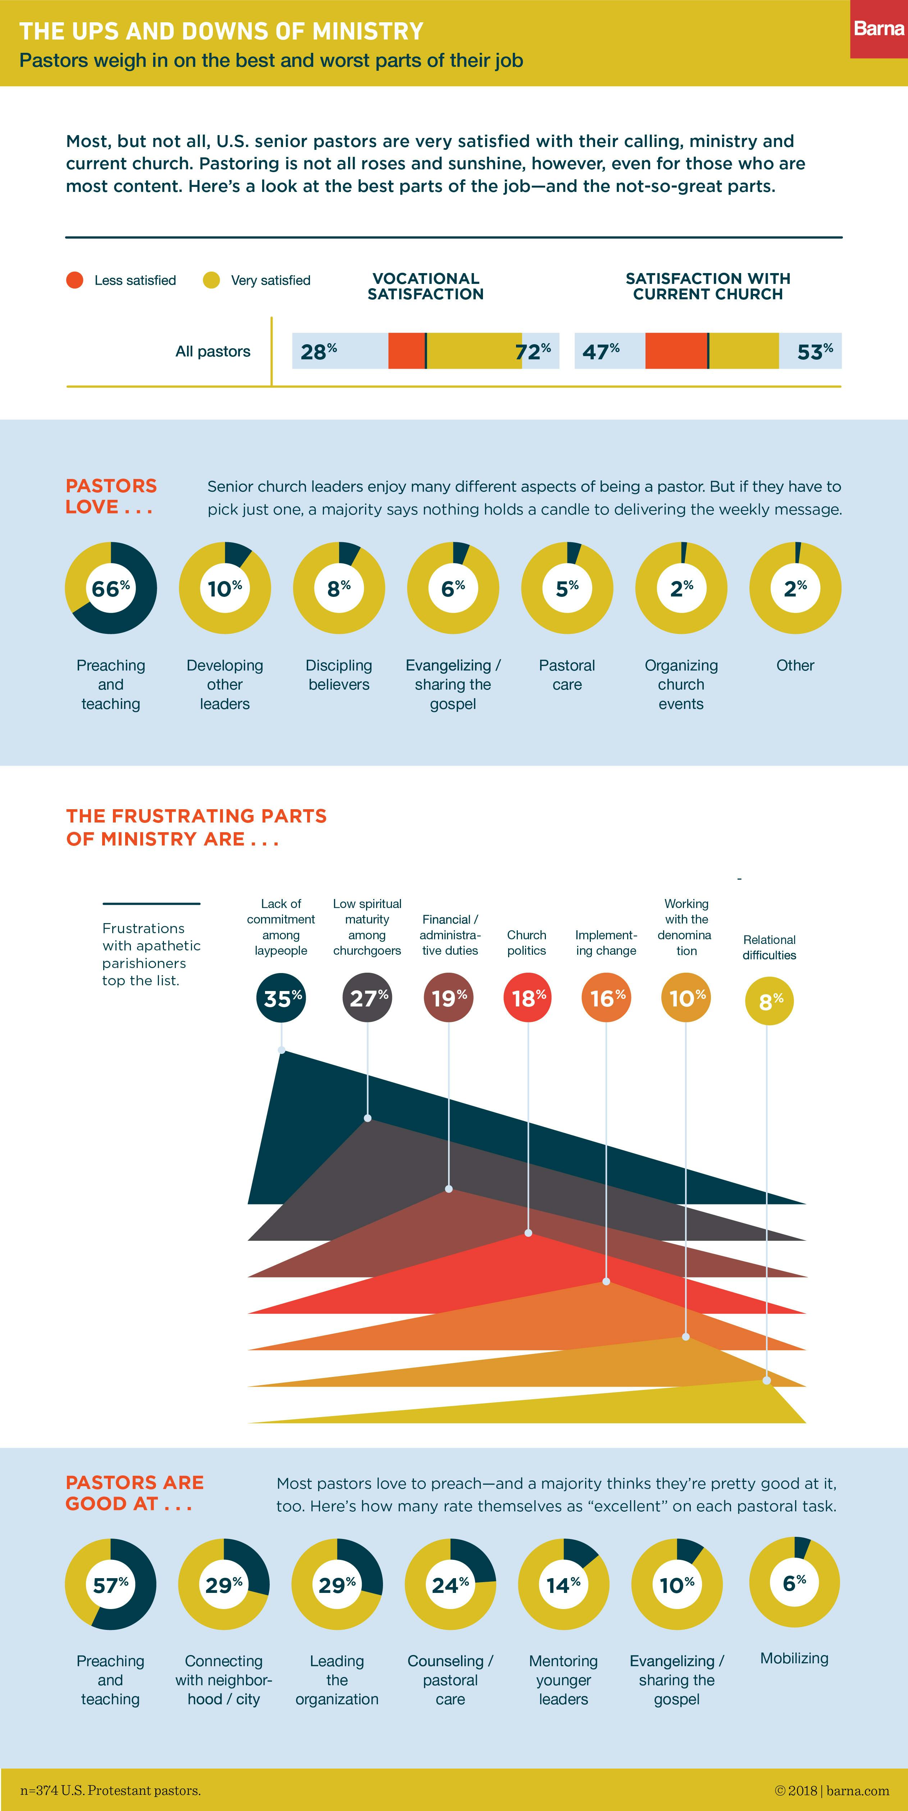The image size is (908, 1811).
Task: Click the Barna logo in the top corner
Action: pos(879,29)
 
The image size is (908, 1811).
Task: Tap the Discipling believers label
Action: pos(339,675)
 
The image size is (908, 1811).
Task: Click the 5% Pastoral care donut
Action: pos(567,588)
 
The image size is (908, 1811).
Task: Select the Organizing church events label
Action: pos(681,684)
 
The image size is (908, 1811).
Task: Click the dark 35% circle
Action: pos(281,997)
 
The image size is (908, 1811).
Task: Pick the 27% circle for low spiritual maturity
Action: pos(367,997)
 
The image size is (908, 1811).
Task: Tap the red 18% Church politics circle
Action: pos(528,997)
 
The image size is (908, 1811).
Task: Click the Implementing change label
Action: pos(606,943)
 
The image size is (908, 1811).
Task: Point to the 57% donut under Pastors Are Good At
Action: pos(110,1585)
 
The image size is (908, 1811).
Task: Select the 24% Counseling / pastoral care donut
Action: pos(450,1585)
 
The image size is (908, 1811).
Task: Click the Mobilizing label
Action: pos(794,1658)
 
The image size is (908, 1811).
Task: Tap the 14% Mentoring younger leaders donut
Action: pos(563,1585)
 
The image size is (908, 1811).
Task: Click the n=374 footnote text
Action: pos(110,1790)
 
